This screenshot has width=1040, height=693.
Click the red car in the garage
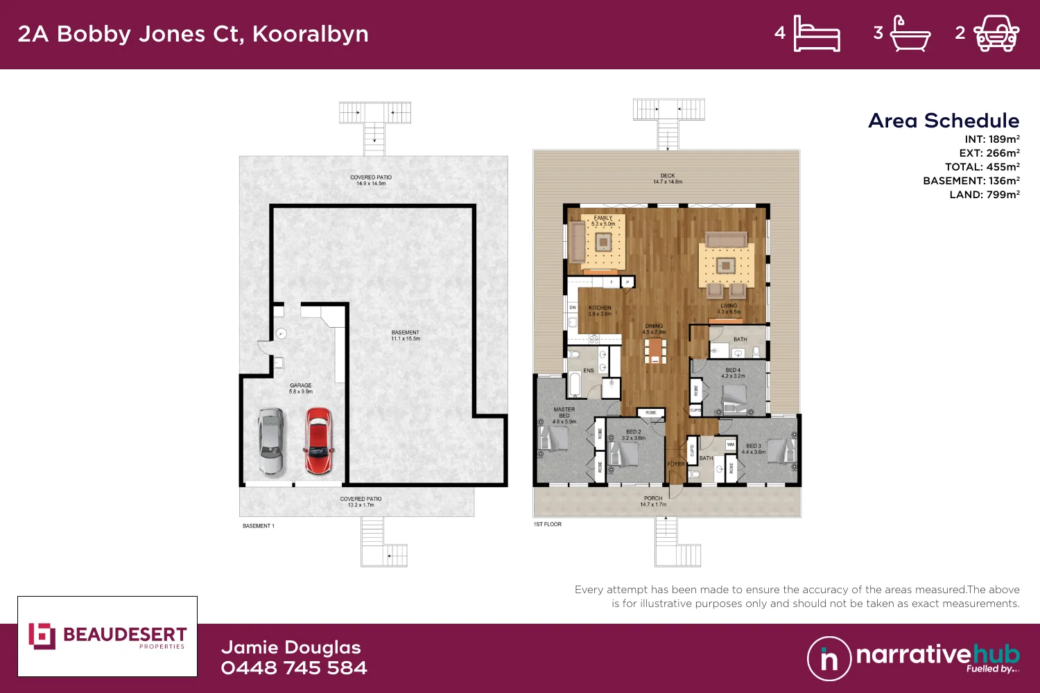click(x=318, y=441)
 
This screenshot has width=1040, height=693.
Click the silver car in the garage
click(x=271, y=441)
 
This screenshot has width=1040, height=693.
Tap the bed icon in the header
click(x=816, y=33)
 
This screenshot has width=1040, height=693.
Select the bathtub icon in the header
click(x=910, y=34)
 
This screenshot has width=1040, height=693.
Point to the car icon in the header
click(x=996, y=34)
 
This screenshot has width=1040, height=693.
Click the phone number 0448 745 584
click(x=294, y=668)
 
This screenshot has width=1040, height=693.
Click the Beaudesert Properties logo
click(x=107, y=636)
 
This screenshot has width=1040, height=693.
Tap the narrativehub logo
click(x=913, y=658)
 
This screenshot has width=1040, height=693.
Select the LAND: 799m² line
click(x=985, y=195)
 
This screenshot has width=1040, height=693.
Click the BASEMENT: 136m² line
click(x=971, y=181)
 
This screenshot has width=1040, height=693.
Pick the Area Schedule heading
click(x=944, y=121)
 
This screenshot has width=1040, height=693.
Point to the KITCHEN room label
click(x=600, y=310)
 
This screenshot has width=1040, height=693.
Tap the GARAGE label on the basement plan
click(x=301, y=388)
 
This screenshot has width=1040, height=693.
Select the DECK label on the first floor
click(x=668, y=179)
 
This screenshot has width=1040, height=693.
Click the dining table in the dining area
click(x=655, y=350)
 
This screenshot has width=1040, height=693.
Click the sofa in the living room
click(x=726, y=240)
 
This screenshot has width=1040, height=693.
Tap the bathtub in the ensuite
click(x=575, y=384)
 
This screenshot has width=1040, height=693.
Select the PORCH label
click(x=653, y=501)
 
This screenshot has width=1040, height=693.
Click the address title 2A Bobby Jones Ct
click(x=193, y=34)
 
